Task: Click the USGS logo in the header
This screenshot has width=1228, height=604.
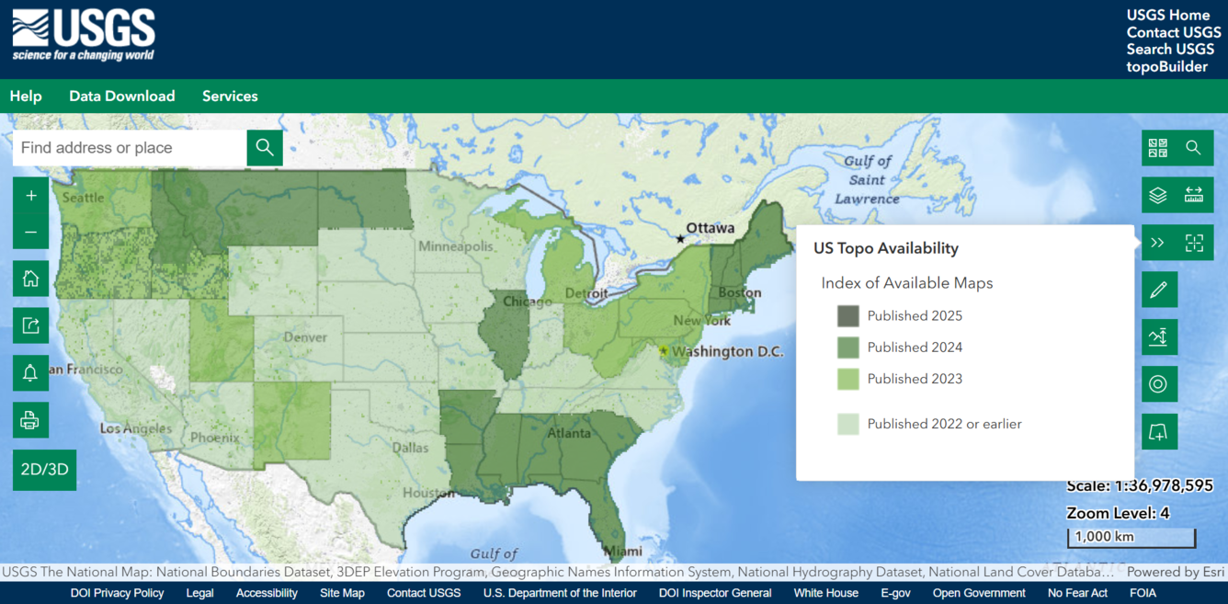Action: pyautogui.click(x=84, y=36)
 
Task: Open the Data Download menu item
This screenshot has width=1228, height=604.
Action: pyautogui.click(x=121, y=97)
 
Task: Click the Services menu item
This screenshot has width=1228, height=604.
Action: pyautogui.click(x=230, y=97)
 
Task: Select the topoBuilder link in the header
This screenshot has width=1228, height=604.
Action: pyautogui.click(x=1166, y=67)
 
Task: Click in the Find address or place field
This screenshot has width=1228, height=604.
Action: pyautogui.click(x=129, y=148)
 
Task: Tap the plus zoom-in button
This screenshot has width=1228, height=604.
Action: pyautogui.click(x=31, y=196)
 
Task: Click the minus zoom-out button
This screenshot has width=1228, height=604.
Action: pyautogui.click(x=31, y=232)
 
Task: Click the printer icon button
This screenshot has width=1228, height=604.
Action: pyautogui.click(x=30, y=420)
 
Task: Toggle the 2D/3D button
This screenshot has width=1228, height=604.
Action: pyautogui.click(x=45, y=470)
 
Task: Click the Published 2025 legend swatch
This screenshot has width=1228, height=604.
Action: pyautogui.click(x=847, y=316)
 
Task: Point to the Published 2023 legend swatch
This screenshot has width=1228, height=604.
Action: pyautogui.click(x=847, y=379)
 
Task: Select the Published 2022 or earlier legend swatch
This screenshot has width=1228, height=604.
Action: pyautogui.click(x=847, y=424)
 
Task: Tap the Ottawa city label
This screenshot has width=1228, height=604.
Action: pyautogui.click(x=710, y=228)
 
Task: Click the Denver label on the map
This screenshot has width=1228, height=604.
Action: pyautogui.click(x=305, y=337)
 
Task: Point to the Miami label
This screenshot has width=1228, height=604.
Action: pyautogui.click(x=623, y=552)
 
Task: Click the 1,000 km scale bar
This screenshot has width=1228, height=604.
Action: pyautogui.click(x=1131, y=537)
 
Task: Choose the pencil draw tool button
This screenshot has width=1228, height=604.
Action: pyautogui.click(x=1158, y=291)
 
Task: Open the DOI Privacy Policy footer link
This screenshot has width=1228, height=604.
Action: pyautogui.click(x=118, y=593)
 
